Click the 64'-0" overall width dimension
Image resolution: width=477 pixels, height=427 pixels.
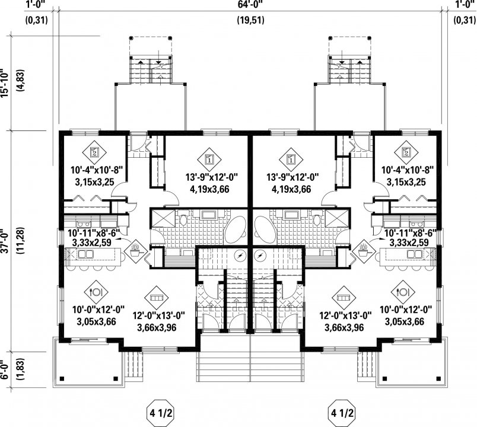pos(250,5)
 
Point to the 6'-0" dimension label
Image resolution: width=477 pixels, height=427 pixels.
pos(4,370)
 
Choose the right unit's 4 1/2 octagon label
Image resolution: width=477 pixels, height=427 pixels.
pos(342,413)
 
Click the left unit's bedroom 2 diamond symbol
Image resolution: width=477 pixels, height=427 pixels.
pos(94,151)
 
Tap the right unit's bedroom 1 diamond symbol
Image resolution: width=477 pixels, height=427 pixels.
pos(291,159)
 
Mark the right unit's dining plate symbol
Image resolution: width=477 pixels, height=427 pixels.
pos(403,292)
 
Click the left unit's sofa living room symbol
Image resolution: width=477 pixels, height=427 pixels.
pos(157,298)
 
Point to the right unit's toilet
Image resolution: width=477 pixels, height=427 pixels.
pos(317,218)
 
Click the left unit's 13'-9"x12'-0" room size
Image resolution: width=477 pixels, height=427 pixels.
pos(212,177)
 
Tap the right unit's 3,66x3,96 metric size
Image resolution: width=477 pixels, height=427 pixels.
pos(344,328)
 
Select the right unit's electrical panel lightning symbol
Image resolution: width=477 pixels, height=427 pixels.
pos(259,256)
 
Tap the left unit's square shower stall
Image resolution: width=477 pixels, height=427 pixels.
pos(163,218)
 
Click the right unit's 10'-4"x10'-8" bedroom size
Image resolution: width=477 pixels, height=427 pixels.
pos(408,169)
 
